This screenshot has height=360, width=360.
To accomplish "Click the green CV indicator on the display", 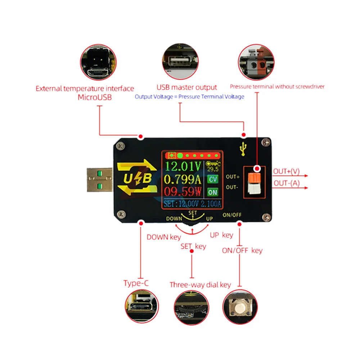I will coord(213,179).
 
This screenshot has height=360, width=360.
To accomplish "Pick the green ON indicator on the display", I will coord(213,192).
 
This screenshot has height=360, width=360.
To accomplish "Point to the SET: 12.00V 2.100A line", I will coord(192,204).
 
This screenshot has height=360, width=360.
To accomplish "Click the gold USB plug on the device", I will coord(99,180).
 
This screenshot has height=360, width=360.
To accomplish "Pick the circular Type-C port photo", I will coord(140,305).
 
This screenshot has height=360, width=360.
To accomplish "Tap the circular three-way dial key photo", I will coord(192,305).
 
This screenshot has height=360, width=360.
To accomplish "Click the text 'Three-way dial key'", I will coord(200,285).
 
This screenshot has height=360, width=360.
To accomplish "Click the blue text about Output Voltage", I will coord(189,96).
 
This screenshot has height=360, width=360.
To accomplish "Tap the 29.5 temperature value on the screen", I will coord(213,170).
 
